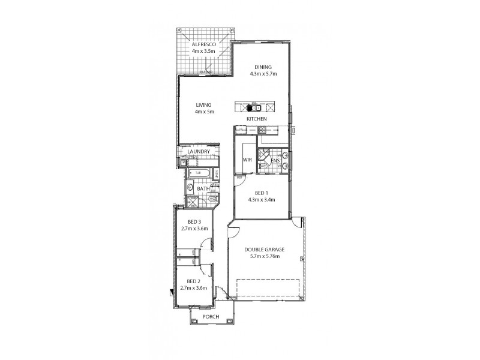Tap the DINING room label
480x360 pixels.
[262, 67]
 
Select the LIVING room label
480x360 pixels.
[205, 105]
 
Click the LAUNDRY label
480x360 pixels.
[198, 152]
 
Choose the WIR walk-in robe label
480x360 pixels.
[246, 160]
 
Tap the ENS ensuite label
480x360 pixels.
[275, 161]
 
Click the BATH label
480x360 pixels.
[203, 189]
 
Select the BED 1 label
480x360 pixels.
[262, 193]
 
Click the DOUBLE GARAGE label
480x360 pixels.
[265, 249]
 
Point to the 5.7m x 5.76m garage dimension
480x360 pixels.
[265, 256]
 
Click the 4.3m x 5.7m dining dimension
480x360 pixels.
[262, 74]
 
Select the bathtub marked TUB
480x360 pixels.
[198, 175]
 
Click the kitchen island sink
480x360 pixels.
[254, 109]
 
